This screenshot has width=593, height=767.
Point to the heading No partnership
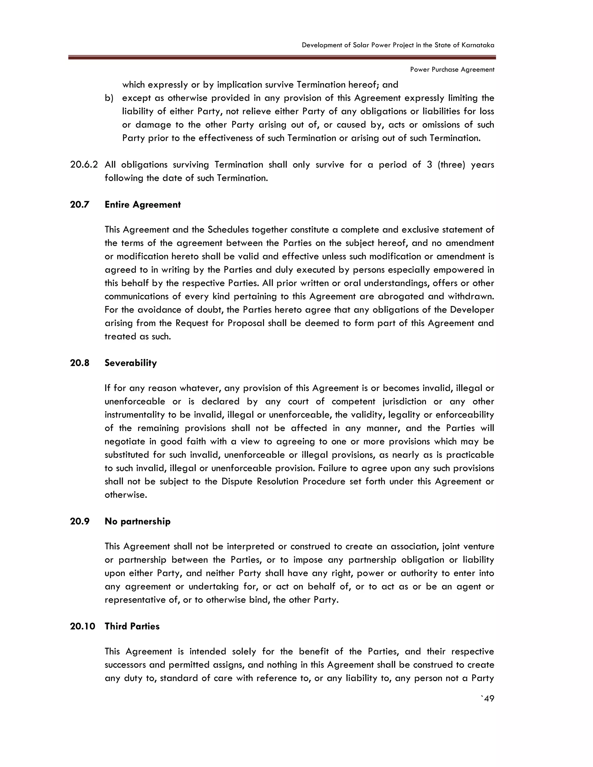click(x=137, y=521)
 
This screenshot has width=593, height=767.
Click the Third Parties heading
click(x=132, y=626)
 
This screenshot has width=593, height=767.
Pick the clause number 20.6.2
click(x=84, y=165)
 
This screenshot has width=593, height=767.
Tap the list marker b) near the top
click(x=109, y=98)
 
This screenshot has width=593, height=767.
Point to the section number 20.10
click(x=83, y=626)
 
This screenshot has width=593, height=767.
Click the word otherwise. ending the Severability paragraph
click(x=126, y=495)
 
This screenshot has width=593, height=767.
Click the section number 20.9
click(x=80, y=521)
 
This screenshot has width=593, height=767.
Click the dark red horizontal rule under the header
click(x=282, y=57)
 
